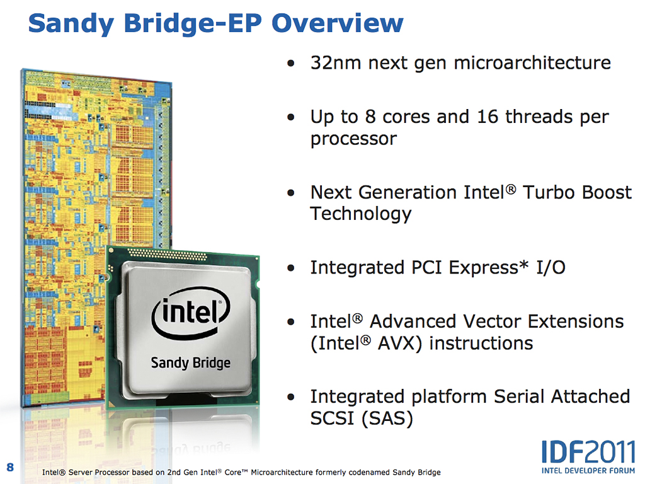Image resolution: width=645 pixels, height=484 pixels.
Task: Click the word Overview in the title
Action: (x=338, y=23)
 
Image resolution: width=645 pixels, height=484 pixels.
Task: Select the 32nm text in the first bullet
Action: (x=336, y=63)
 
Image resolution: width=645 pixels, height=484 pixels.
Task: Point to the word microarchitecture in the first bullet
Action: (x=532, y=63)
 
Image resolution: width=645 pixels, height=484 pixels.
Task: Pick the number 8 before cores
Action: (x=370, y=117)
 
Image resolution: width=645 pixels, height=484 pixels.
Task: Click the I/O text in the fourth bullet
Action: (x=551, y=268)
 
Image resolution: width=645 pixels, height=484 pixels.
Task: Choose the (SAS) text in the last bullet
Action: (x=387, y=419)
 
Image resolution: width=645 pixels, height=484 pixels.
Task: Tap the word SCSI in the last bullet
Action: (x=333, y=418)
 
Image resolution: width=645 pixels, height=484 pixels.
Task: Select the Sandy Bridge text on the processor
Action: (x=190, y=363)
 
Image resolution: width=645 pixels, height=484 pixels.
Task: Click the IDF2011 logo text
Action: (x=588, y=452)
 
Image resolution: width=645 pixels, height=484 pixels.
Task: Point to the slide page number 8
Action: (x=10, y=467)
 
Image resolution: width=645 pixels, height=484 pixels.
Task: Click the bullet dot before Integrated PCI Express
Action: (x=291, y=268)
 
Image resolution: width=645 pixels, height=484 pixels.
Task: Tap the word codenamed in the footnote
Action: (x=369, y=472)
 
